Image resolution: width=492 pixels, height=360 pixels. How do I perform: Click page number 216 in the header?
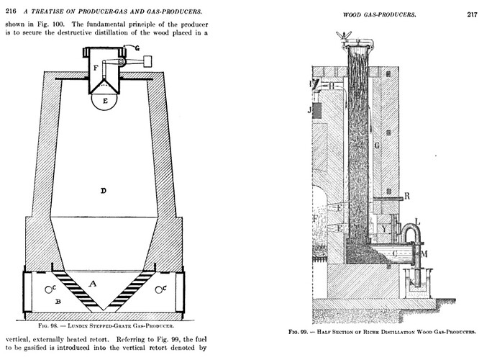(11, 12)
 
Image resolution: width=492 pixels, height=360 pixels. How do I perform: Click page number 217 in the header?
(472, 14)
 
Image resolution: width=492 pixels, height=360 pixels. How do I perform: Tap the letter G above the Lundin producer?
(137, 48)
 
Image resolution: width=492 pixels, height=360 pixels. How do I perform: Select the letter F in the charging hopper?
(96, 68)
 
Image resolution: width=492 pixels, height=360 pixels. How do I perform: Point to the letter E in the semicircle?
(105, 101)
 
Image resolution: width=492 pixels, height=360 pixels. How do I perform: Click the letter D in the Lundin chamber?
(104, 191)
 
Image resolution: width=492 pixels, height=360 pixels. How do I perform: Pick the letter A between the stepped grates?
(92, 284)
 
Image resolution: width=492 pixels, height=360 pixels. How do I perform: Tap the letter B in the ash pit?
(58, 302)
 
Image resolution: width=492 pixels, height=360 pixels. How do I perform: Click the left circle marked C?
(49, 289)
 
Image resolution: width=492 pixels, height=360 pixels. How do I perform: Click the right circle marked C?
(159, 289)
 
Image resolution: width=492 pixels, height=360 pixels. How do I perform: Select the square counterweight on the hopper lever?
(147, 61)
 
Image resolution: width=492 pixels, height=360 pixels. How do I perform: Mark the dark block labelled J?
(317, 111)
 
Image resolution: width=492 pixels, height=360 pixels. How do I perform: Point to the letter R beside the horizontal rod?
(407, 196)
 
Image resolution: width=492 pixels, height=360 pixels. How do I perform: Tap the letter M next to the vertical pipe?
(424, 253)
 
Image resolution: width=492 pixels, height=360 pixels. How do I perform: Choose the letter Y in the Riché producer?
(384, 229)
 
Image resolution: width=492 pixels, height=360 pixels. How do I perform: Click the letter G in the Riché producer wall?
(377, 145)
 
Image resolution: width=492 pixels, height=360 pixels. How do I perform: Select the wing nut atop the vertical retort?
(344, 35)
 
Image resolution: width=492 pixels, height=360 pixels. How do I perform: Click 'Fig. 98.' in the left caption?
(48, 325)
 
